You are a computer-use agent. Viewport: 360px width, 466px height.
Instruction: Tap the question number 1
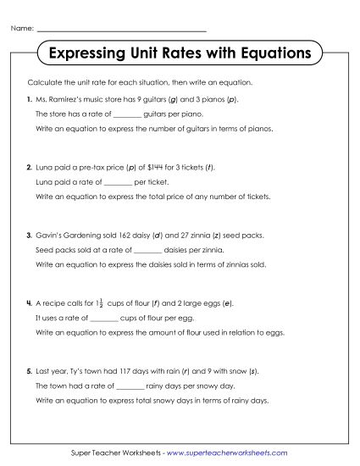29,100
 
